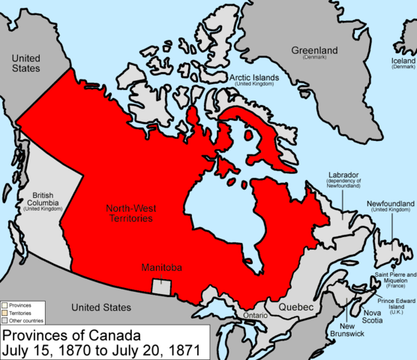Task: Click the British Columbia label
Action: [42, 200]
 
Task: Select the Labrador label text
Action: [344, 175]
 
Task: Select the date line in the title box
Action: [101, 349]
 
